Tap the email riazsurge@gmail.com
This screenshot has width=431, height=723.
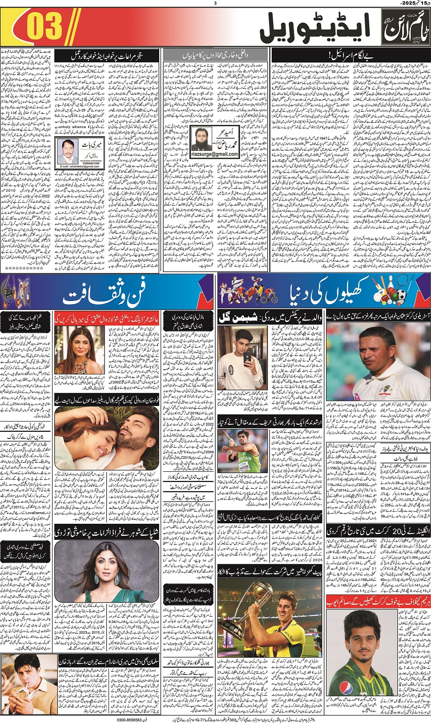(215, 154)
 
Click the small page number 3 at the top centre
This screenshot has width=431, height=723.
(215, 3)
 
